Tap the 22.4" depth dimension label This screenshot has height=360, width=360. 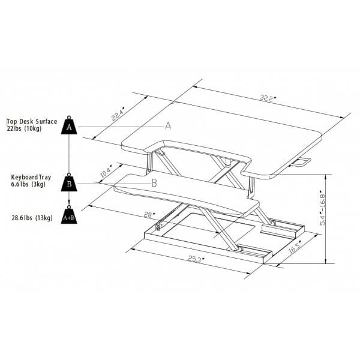click(x=118, y=114)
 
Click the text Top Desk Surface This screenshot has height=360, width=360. click(x=32, y=121)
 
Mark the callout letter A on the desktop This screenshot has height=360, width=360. click(x=168, y=126)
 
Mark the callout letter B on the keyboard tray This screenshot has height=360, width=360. click(x=154, y=183)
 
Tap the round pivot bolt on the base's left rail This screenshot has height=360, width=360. click(x=158, y=227)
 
